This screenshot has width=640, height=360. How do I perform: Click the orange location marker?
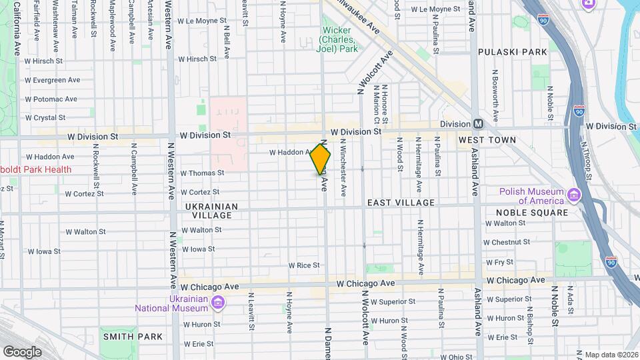[321, 159]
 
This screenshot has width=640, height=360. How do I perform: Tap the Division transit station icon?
[478, 124]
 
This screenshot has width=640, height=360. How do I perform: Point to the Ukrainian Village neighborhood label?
[211, 211]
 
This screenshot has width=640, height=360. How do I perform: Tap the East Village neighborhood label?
[401, 203]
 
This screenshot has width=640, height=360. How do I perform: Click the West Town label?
[487, 140]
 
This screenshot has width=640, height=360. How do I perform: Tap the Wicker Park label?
[339, 39]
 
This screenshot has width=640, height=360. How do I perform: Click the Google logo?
[22, 351]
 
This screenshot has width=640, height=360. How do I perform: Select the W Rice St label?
[303, 265]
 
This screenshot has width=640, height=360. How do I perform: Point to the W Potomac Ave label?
[51, 99]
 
